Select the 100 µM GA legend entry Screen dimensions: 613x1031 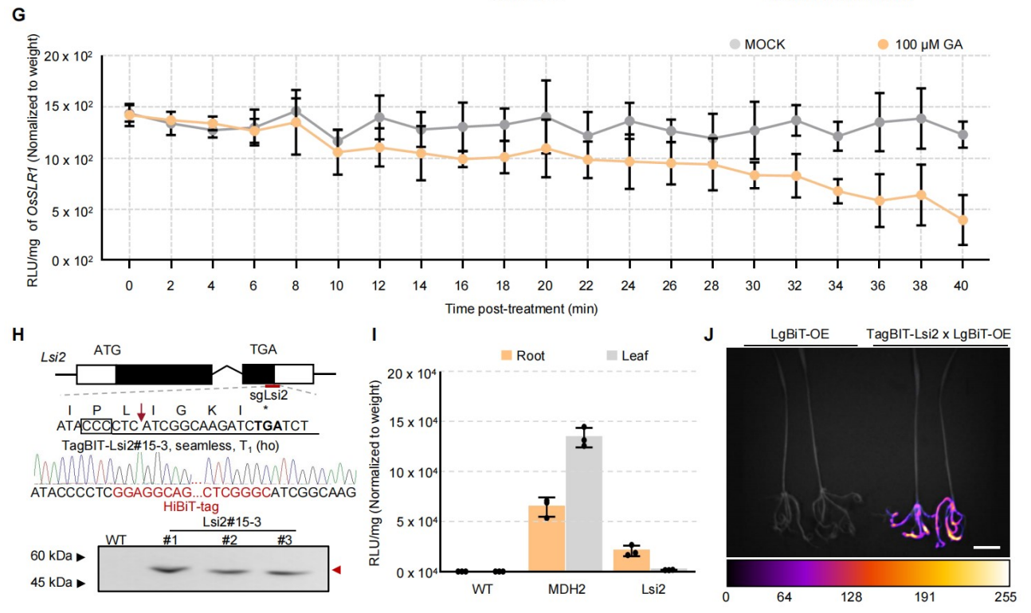coord(917,44)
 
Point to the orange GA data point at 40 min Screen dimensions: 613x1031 coord(962,220)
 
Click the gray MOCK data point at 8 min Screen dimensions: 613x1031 coord(296,111)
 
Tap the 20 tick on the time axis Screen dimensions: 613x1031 coord(546,284)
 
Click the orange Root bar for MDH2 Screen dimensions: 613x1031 coord(547,538)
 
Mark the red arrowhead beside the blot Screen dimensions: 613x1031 coord(337,569)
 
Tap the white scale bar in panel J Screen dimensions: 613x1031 coord(986,547)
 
